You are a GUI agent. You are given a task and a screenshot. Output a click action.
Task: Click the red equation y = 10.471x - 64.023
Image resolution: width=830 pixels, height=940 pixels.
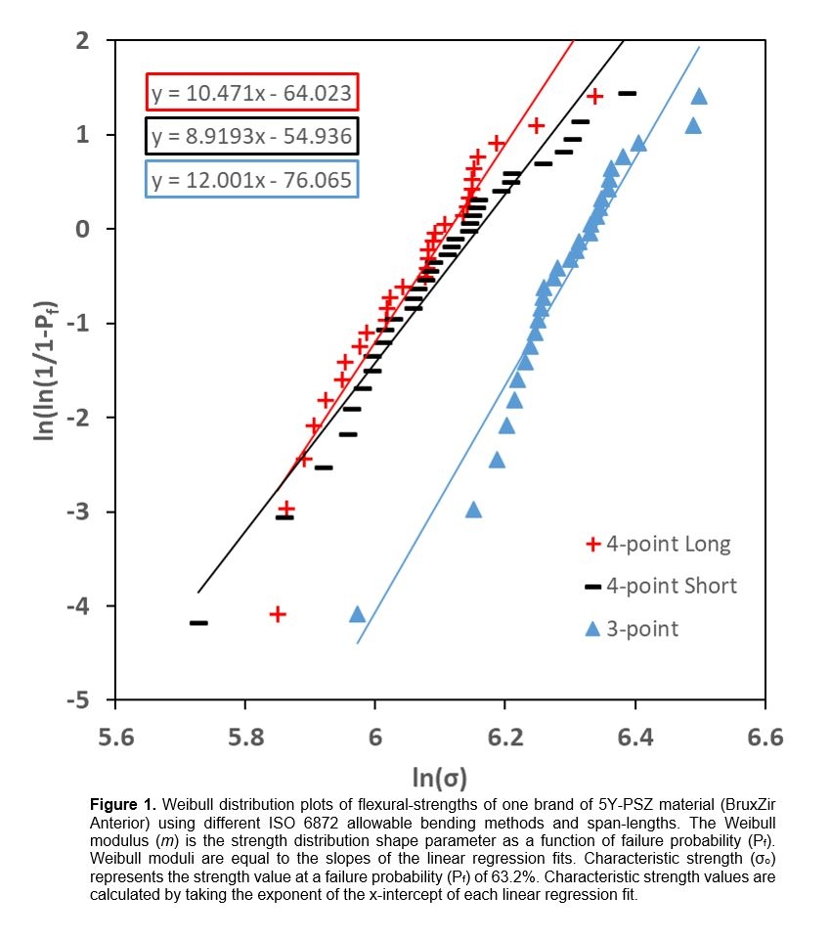coord(251,94)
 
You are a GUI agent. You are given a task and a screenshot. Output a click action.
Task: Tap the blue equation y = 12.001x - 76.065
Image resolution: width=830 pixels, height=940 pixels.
coord(251,179)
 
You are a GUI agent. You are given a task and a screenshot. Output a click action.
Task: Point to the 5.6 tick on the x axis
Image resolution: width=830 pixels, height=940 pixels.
coord(116,737)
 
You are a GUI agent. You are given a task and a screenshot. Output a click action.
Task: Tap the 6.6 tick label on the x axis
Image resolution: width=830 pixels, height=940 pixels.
coord(764,737)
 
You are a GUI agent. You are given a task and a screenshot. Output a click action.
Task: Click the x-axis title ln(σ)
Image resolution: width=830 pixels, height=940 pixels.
coord(439,778)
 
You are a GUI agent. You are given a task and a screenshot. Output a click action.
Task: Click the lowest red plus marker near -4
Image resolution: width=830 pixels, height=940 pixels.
coord(278,614)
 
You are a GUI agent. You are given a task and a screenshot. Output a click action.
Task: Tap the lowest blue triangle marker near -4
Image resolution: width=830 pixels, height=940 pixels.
coord(358,614)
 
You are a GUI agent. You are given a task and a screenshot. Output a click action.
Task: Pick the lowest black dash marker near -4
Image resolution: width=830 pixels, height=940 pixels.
coord(198,623)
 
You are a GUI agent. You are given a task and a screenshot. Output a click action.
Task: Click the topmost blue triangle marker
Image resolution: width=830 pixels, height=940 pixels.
coord(699,96)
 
